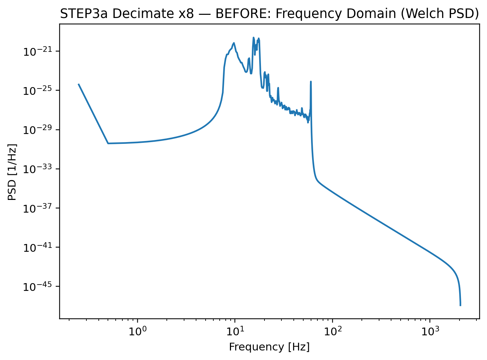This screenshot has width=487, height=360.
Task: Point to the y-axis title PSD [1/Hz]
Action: pyautogui.click(x=12, y=172)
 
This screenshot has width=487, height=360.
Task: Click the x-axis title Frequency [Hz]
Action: pyautogui.click(x=269, y=347)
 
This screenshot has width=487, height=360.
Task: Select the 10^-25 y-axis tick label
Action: pyautogui.click(x=37, y=91)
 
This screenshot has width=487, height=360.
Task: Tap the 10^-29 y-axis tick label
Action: pyautogui.click(x=37, y=130)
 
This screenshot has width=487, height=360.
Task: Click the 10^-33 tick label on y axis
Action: pyautogui.click(x=37, y=170)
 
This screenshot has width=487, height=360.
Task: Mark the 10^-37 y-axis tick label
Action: pyautogui.click(x=37, y=209)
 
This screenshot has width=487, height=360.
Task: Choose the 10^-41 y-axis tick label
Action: pyautogui.click(x=37, y=248)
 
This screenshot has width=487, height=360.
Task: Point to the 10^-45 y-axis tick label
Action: pyautogui.click(x=37, y=287)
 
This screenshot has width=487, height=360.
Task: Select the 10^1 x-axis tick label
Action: pyautogui.click(x=235, y=330)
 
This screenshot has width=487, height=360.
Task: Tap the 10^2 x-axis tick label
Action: pyautogui.click(x=332, y=330)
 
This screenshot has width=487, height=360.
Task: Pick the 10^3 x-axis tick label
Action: pyautogui.click(x=430, y=330)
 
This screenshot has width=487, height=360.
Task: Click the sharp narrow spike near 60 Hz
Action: pyautogui.click(x=311, y=82)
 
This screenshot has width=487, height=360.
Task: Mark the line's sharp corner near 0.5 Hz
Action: pyautogui.click(x=108, y=144)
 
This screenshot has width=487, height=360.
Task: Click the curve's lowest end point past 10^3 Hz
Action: pyautogui.click(x=460, y=305)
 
